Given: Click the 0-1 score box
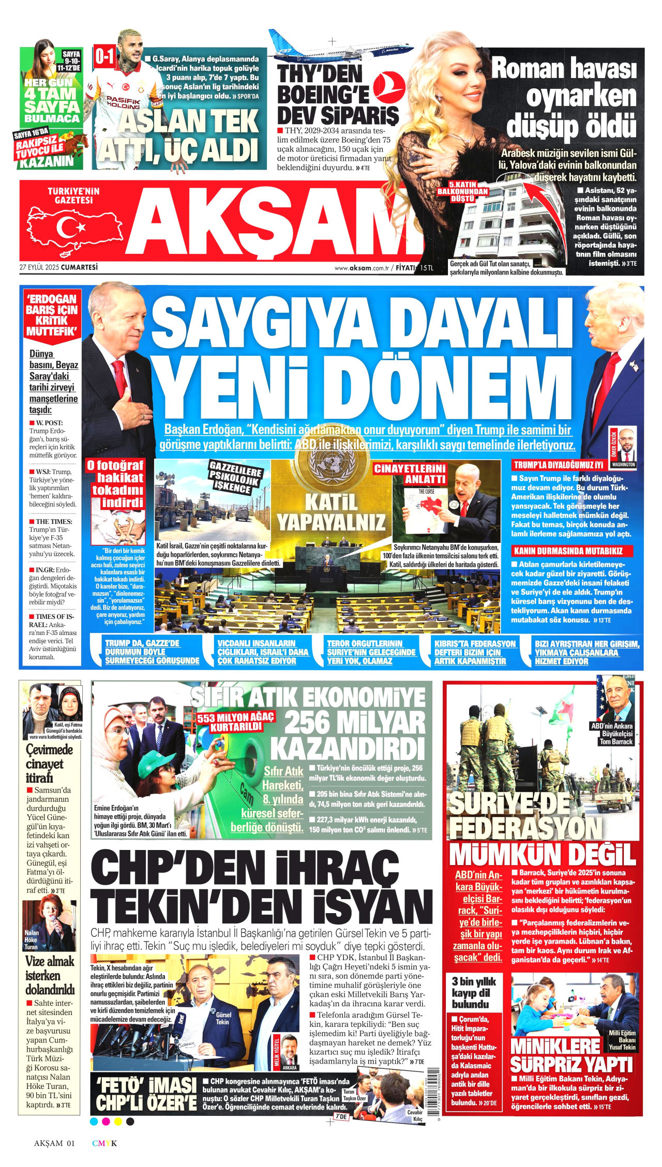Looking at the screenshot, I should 104,57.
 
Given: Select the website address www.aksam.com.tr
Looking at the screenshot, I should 362,268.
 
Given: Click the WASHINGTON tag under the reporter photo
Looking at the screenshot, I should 623,464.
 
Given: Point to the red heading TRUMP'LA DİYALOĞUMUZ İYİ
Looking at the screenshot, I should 559,465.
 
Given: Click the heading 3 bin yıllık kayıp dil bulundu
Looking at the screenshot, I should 473,992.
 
